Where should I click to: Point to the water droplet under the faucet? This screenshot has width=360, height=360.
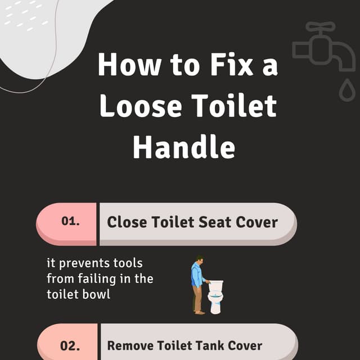(347, 89)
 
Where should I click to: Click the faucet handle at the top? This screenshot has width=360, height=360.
(321, 26)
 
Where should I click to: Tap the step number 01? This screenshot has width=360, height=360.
(70, 222)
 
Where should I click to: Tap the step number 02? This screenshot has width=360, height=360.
(70, 345)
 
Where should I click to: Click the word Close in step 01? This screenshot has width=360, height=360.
(126, 222)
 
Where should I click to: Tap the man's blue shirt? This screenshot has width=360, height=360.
(196, 276)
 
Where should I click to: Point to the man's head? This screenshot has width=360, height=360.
(199, 260)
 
